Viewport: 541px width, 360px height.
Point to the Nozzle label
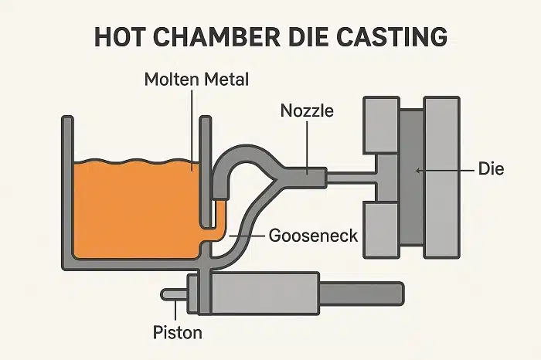tap(307, 111)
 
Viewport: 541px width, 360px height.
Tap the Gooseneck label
tap(312, 234)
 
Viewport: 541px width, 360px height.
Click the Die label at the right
tap(490, 168)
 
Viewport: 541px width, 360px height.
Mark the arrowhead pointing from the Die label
tap(418, 168)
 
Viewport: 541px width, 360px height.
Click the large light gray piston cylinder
tap(262, 292)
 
